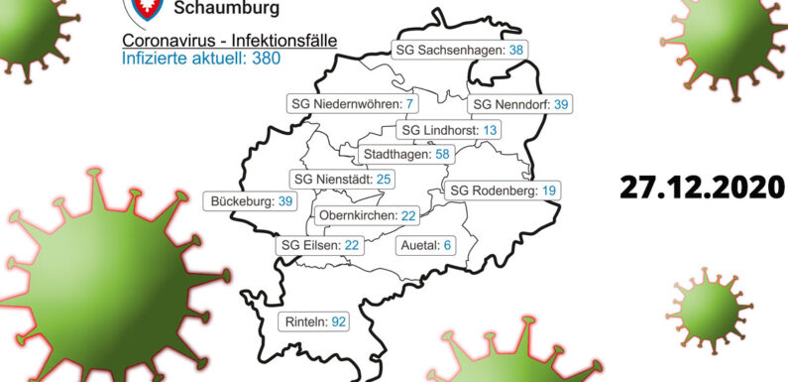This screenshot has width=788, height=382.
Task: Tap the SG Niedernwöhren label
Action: (x=353, y=104)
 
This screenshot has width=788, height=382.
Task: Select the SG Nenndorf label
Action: (x=520, y=104)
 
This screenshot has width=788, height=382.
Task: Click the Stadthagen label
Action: (x=406, y=154)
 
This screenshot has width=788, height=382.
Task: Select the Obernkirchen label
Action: (x=367, y=215)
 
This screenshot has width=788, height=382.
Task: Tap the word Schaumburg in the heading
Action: (x=226, y=9)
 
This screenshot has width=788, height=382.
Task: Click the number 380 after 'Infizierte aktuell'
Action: (x=265, y=59)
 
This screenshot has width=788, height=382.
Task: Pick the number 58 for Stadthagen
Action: (x=441, y=154)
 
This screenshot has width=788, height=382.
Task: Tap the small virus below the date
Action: (x=709, y=309)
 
